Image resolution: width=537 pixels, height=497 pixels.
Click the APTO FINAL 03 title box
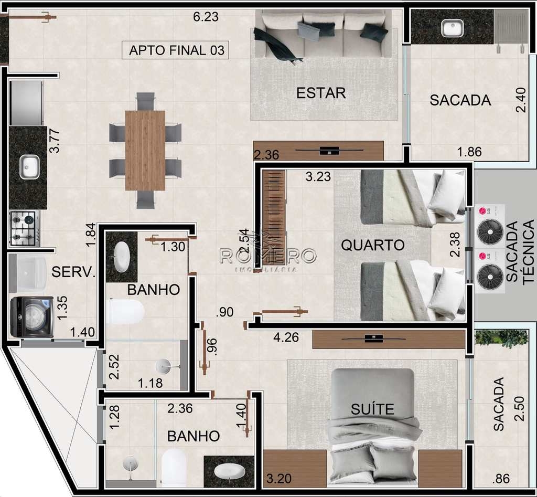tap(175, 50)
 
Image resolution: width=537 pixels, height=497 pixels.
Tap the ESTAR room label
tap(321, 93)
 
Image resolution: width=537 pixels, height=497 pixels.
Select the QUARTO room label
tap(373, 245)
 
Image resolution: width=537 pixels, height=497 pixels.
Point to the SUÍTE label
tap(372, 409)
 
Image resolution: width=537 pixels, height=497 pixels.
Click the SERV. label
tap(73, 272)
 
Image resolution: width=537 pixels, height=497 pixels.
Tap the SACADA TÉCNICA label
tap(520, 251)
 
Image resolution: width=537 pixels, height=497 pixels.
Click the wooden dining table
tap(145, 150)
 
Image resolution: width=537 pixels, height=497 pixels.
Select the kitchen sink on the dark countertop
tap(29, 166)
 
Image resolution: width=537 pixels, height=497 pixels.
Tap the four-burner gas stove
tap(24, 228)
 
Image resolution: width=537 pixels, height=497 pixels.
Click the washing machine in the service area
tap(31, 317)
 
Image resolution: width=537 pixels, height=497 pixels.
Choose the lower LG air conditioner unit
tap(489, 271)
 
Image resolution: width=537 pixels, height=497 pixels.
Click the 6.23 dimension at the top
tap(206, 16)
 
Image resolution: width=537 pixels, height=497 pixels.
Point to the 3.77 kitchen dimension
tap(55, 141)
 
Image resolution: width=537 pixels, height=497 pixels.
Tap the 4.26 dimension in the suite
tap(286, 337)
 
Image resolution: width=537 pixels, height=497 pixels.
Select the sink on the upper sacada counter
tap(452, 28)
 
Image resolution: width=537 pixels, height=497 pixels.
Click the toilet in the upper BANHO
tap(125, 312)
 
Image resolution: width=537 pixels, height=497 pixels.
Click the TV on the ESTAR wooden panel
tap(329, 150)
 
